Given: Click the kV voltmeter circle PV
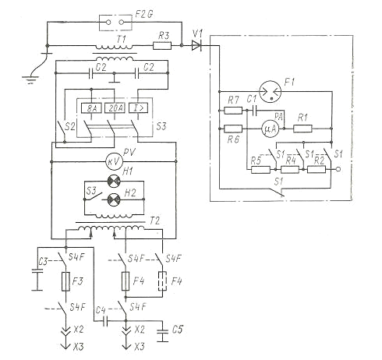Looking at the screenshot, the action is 114,161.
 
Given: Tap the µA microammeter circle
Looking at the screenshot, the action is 270,129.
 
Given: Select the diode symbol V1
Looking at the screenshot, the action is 196,46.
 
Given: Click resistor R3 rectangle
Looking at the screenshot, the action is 162,46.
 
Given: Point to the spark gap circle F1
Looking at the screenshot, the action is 271,91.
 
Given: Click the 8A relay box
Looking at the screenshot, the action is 91,108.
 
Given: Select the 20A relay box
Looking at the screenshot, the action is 115,108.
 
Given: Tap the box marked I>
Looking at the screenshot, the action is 138,108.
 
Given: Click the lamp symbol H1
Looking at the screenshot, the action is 114,181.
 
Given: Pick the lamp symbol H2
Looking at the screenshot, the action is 114,199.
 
